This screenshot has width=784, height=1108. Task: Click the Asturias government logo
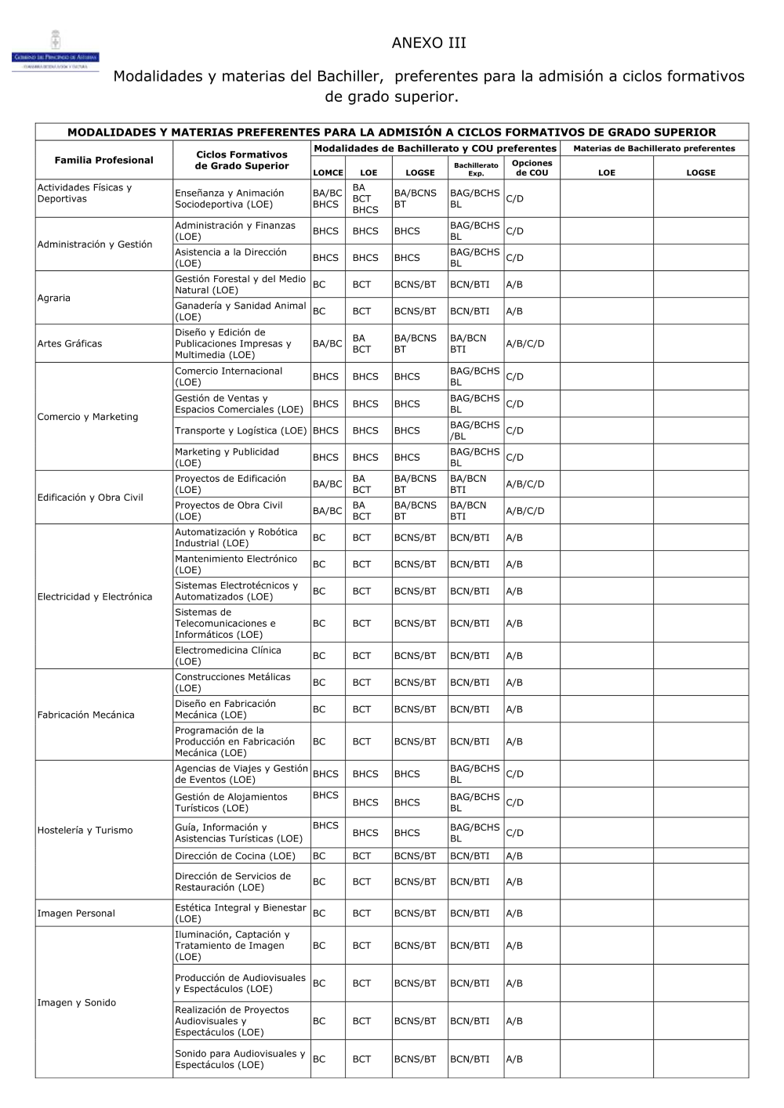click(55, 52)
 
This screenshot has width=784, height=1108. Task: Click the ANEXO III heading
click(428, 43)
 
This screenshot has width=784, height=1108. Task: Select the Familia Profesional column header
click(103, 160)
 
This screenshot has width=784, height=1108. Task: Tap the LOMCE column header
click(328, 172)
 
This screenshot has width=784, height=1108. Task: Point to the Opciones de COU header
click(532, 168)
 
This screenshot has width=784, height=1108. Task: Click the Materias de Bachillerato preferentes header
click(654, 148)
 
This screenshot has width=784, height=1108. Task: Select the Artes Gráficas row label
click(70, 343)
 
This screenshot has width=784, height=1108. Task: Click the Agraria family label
click(54, 298)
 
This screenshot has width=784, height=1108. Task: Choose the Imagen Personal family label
click(76, 913)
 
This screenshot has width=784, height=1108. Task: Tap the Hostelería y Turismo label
click(85, 830)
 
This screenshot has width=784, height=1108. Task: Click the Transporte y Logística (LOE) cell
click(241, 430)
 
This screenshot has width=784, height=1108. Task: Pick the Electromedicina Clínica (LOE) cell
click(227, 656)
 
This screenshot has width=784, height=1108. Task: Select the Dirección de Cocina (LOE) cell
click(235, 856)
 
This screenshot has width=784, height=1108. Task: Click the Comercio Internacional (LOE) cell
click(228, 376)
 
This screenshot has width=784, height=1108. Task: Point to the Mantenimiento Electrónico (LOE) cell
click(236, 564)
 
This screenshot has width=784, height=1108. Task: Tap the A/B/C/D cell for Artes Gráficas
click(525, 343)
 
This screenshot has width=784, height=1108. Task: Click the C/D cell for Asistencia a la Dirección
click(515, 258)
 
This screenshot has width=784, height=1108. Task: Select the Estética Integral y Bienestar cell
click(240, 913)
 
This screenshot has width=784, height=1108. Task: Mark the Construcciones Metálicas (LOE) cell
click(232, 683)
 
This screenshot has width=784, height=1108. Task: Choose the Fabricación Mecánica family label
click(86, 715)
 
